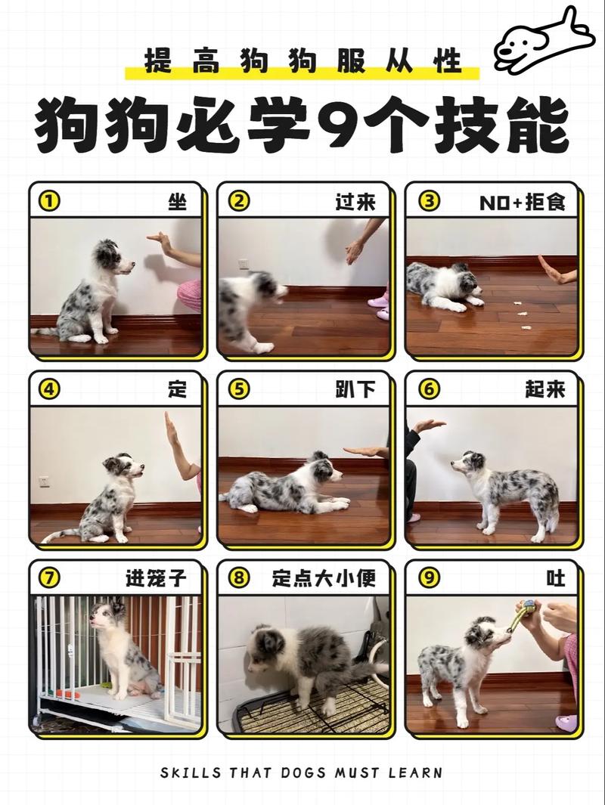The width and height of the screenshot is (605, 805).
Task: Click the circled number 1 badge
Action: click(x=49, y=202)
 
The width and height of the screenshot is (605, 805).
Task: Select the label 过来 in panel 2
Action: click(x=355, y=202)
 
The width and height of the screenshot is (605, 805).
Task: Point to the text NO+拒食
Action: click(x=523, y=202)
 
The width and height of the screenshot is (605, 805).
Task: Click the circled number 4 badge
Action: click(x=49, y=390)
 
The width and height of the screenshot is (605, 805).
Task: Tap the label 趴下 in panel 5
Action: click(x=355, y=390)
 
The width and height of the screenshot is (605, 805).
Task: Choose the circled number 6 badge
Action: click(x=429, y=390)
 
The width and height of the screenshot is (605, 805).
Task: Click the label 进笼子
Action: click(x=155, y=578)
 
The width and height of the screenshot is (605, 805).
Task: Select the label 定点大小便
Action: click(x=324, y=578)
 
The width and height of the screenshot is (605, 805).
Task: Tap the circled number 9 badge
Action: click(x=429, y=578)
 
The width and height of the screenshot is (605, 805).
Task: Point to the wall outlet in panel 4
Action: click(x=44, y=481)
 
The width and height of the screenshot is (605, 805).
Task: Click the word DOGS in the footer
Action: click(x=319, y=772)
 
